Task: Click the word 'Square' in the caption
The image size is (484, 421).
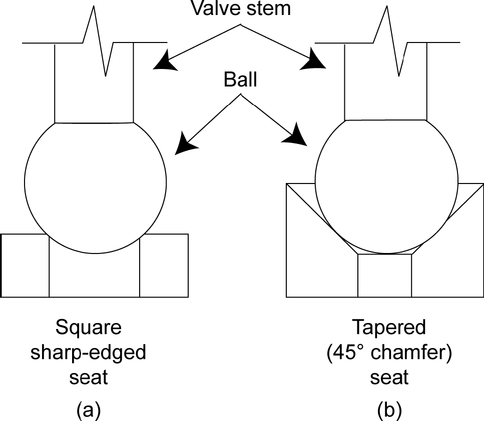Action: tap(89, 328)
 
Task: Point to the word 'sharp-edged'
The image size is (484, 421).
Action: tap(89, 352)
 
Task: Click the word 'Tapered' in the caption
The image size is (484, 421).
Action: tap(389, 328)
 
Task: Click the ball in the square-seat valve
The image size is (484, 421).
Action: tap(95, 185)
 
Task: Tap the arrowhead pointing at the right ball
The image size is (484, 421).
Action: tap(298, 136)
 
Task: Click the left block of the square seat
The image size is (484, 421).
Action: tap(25, 265)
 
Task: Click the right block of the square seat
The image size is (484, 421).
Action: tap(164, 265)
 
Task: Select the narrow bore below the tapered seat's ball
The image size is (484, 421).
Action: tap(385, 275)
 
